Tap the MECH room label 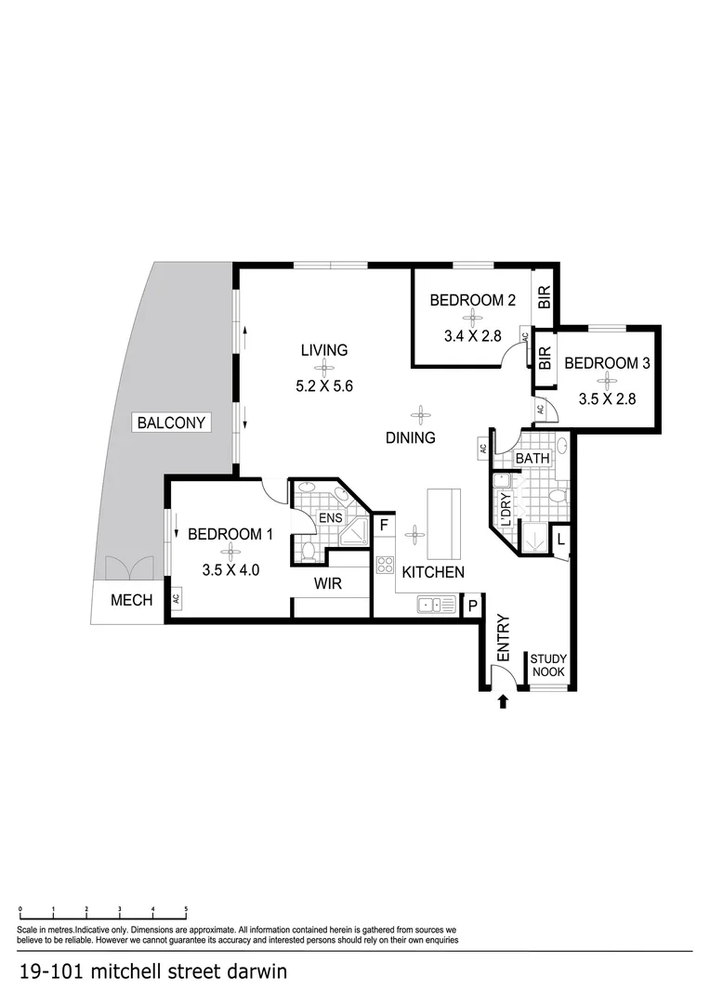click(x=131, y=600)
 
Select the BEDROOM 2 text click(x=472, y=300)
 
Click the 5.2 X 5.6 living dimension click(x=323, y=386)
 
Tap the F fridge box click(x=383, y=525)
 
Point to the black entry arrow click(x=503, y=702)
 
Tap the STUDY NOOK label click(x=548, y=666)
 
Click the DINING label click(x=410, y=437)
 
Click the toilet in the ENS click(x=309, y=550)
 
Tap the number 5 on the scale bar click(x=186, y=908)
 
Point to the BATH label click(x=532, y=458)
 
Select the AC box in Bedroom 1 click(x=175, y=599)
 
